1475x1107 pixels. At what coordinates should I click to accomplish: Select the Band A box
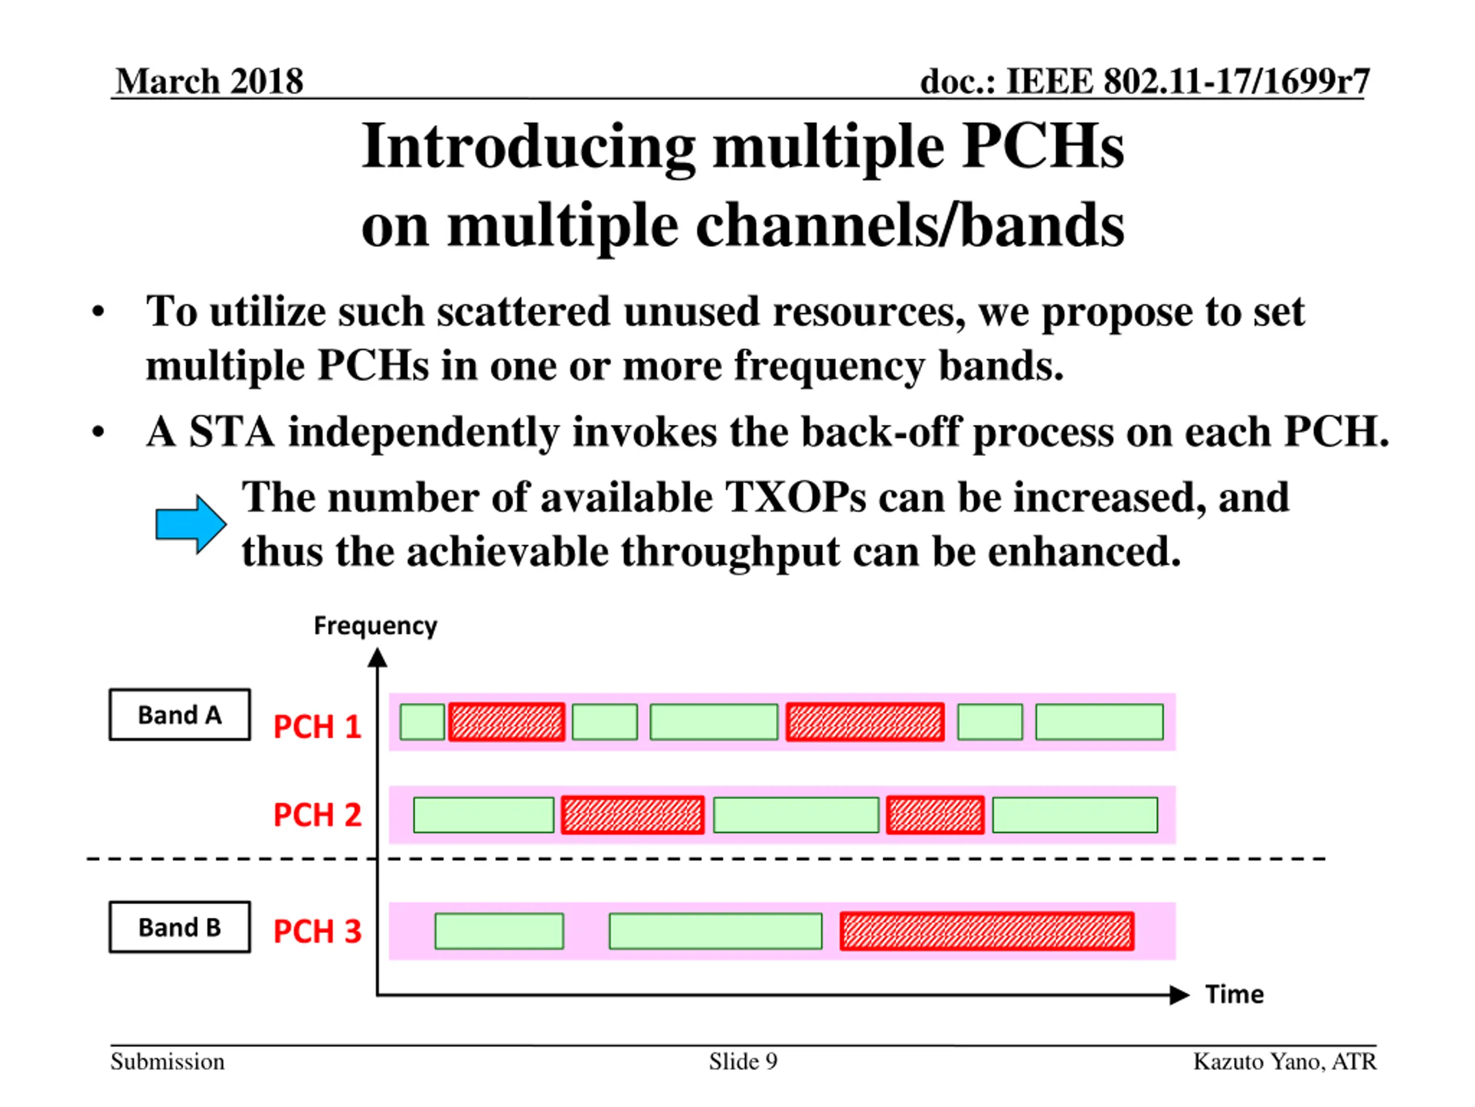(180, 714)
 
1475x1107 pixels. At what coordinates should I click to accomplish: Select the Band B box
(180, 927)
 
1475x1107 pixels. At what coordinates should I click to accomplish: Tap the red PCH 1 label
(317, 726)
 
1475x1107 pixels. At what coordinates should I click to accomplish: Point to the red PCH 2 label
(317, 814)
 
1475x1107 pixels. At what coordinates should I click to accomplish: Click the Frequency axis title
(376, 626)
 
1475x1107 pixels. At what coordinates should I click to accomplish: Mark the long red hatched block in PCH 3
(987, 931)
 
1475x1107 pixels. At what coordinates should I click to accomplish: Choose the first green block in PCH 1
(422, 721)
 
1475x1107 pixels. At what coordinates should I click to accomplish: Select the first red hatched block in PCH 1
(507, 721)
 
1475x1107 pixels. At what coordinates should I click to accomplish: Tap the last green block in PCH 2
(1075, 815)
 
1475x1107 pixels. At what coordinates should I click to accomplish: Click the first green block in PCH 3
(499, 931)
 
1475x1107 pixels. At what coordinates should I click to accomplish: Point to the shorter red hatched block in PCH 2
(935, 815)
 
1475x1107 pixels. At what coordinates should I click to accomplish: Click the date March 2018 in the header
(209, 81)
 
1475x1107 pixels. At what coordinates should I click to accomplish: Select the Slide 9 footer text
(743, 1061)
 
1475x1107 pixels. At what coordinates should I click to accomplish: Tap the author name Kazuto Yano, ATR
(1284, 1061)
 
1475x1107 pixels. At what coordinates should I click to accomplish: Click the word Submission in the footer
(167, 1061)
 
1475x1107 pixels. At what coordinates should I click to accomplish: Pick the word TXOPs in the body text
(796, 497)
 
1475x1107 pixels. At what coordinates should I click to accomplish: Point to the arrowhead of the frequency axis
(377, 658)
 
